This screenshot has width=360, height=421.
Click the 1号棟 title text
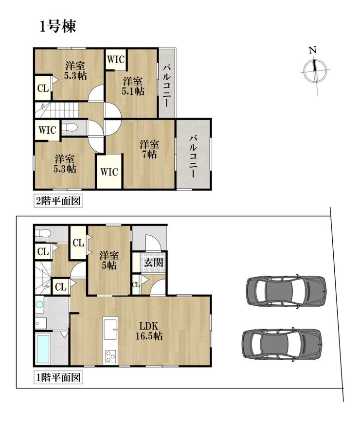[58, 26]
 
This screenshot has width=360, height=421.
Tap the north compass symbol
[315, 70]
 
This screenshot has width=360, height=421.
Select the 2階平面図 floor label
[58, 201]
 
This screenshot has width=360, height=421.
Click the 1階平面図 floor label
[58, 378]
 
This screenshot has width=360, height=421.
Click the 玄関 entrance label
[153, 263]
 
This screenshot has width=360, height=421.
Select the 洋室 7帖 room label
[149, 149]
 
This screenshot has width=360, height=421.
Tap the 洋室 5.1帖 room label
[133, 86]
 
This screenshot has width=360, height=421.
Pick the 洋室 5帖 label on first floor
[109, 260]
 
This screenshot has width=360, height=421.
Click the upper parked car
[287, 291]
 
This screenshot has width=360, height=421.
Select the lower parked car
[282, 344]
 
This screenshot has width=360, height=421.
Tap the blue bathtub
[43, 349]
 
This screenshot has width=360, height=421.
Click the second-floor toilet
[70, 127]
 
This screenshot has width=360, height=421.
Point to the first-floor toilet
[42, 233]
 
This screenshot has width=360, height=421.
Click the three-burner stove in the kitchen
[110, 356]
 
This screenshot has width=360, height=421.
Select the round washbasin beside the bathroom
[39, 304]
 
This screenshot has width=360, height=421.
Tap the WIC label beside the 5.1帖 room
[116, 59]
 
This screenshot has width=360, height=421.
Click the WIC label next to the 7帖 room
[109, 172]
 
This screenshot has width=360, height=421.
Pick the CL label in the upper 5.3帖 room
[43, 88]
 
